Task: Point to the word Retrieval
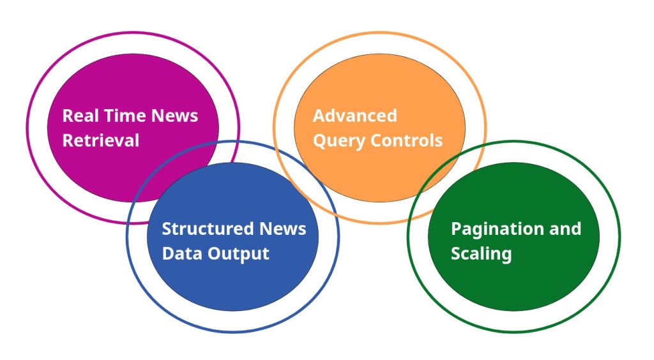coord(100,140)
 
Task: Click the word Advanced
coord(354,116)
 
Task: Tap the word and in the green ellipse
coord(562,229)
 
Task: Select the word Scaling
coord(481,253)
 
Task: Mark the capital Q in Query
coord(319,140)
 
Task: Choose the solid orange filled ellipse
coord(379,83)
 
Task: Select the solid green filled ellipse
coord(513,287)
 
